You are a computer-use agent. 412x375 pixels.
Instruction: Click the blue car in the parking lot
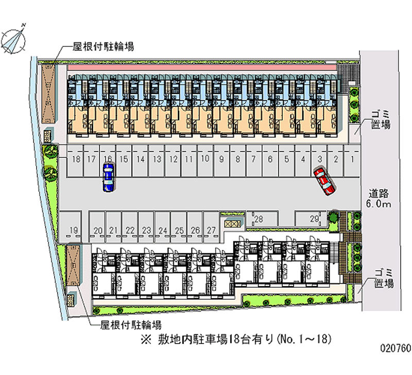pyautogui.click(x=108, y=177)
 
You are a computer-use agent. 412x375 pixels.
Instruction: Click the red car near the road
pyautogui.click(x=323, y=181)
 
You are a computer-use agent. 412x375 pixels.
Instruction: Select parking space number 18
pyautogui.click(x=76, y=159)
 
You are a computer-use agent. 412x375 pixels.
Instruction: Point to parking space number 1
pyautogui.click(x=352, y=159)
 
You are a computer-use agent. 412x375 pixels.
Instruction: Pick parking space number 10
pyautogui.click(x=205, y=159)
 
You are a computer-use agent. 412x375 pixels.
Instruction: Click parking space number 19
pyautogui.click(x=74, y=230)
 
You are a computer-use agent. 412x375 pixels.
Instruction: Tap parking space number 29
pyautogui.click(x=314, y=219)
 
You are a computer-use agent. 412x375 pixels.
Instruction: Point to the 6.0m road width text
pyautogui.click(x=380, y=205)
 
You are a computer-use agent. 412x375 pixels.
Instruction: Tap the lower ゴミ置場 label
pyautogui.click(x=384, y=278)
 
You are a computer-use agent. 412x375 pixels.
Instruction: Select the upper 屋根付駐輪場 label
pyautogui.click(x=104, y=46)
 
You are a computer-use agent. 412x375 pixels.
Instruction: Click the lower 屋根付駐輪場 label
pyautogui.click(x=130, y=325)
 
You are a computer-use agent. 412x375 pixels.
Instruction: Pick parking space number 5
pyautogui.click(x=286, y=159)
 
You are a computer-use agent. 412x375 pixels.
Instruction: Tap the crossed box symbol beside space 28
pyautogui.click(x=232, y=223)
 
